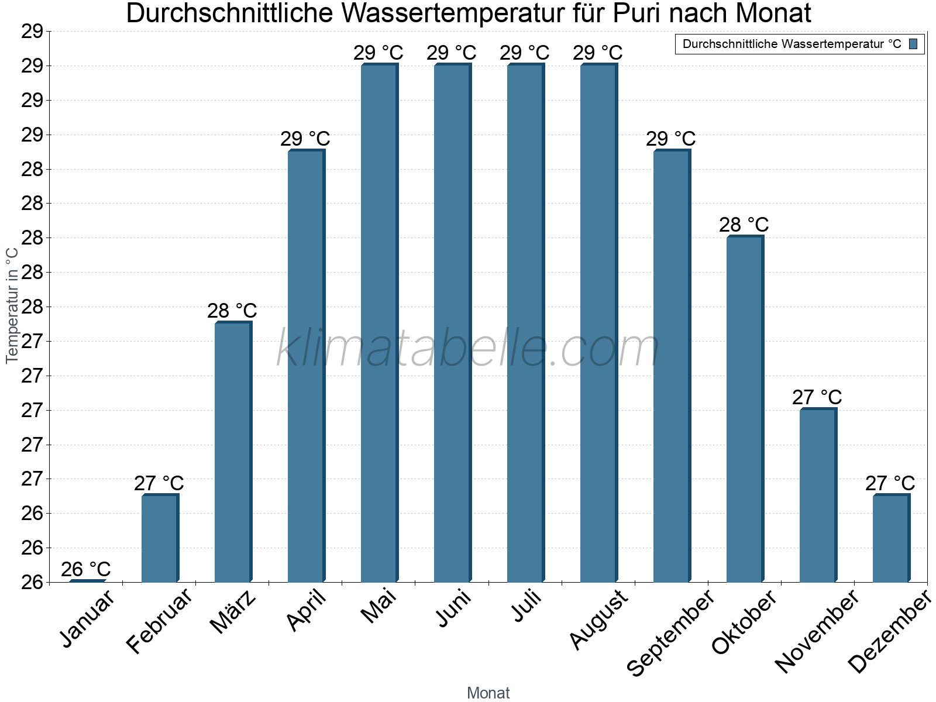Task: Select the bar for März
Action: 233,452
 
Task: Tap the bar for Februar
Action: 160,538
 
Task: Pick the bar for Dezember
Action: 891,538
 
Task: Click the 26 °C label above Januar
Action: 86,569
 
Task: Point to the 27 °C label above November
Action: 817,397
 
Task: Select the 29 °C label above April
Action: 305,139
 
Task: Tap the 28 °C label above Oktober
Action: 744,225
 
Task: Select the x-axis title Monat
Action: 488,693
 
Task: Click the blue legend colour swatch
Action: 913,44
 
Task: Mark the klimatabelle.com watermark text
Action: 468,349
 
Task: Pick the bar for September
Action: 672,366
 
